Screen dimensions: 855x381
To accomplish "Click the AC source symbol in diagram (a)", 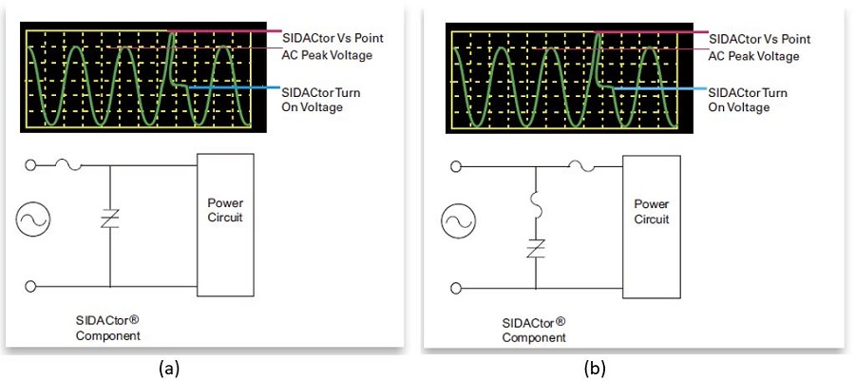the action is tap(32, 219).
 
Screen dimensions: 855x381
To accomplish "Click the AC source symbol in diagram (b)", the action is tap(459, 221).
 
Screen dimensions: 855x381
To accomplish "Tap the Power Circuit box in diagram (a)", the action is tap(225, 224).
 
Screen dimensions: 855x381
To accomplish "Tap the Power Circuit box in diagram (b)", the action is tap(652, 227).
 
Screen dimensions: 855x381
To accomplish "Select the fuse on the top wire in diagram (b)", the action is tap(581, 166).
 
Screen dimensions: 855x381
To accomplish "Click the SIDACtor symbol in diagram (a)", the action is tap(110, 219).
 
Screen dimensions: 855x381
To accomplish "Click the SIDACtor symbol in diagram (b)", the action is tap(536, 249).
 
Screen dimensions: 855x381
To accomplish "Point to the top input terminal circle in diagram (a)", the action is tap(30, 165).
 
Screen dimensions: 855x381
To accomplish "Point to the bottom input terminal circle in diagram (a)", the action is tap(30, 286).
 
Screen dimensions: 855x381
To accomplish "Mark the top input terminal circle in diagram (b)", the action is tap(456, 167).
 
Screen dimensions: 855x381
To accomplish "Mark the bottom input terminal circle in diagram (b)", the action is tap(456, 288).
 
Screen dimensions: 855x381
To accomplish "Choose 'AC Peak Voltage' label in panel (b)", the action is tap(753, 56).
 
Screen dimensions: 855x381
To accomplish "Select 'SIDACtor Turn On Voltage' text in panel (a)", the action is tap(321, 99).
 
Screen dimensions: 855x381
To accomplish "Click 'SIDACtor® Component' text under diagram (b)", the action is tap(534, 330).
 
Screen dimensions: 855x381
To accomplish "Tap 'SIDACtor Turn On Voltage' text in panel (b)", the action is tap(748, 100).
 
